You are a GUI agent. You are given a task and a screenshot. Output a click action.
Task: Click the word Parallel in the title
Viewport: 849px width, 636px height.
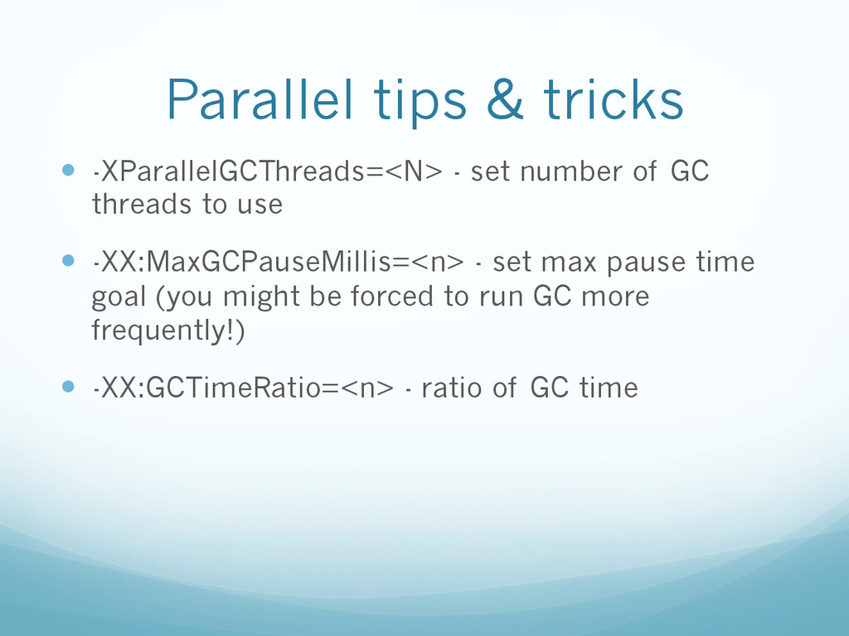point(260,99)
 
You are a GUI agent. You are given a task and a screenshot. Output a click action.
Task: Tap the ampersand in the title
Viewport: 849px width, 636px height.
point(505,99)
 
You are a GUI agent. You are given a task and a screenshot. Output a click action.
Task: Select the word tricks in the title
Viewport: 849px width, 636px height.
point(614,99)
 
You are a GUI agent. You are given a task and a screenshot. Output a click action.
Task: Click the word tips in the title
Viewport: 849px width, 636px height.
point(420,103)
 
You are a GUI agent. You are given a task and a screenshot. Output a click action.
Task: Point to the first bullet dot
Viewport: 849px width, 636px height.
point(68,171)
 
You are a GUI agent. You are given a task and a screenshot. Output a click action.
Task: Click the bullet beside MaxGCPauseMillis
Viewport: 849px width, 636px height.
point(68,261)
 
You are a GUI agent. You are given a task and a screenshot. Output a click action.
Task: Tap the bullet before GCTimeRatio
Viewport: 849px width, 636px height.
point(68,387)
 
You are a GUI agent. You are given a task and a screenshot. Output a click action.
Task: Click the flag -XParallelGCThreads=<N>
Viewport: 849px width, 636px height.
point(268,171)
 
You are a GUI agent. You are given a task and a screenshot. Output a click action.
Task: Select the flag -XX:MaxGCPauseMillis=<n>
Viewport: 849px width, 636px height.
point(279,263)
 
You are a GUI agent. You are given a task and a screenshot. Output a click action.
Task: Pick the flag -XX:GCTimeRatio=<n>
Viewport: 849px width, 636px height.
point(243,388)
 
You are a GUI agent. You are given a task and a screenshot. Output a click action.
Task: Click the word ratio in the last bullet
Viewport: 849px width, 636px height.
point(452,388)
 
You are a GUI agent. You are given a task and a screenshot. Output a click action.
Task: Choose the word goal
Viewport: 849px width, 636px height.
point(119,298)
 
